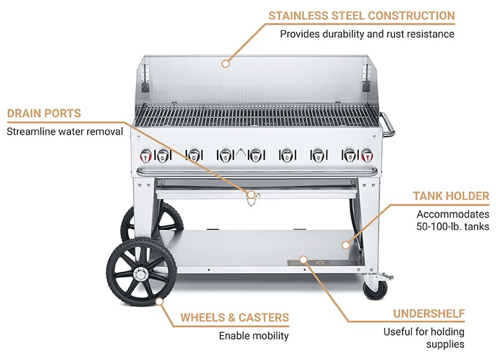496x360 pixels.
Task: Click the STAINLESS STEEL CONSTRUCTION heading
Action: (361, 15)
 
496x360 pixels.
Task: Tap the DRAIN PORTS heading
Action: (44, 113)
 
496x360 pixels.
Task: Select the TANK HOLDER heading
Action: (451, 196)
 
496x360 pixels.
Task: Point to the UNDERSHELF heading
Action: (429, 314)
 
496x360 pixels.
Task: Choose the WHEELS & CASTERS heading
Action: (234, 317)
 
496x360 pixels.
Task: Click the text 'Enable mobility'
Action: (254, 336)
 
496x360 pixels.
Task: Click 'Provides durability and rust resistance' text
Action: (367, 33)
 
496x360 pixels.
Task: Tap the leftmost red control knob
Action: (146, 155)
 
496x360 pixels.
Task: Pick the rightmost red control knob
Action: (367, 155)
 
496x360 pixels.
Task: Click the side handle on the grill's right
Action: (388, 124)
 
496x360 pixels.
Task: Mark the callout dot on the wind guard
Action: (225, 63)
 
